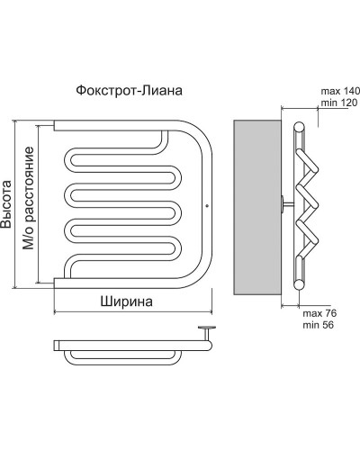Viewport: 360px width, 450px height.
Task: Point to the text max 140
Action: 337,92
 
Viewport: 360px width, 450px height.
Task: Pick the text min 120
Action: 337,104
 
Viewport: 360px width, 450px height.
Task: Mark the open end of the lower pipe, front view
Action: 57,283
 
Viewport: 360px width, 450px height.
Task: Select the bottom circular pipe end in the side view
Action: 300,283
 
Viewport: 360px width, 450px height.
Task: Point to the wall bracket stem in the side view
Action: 290,205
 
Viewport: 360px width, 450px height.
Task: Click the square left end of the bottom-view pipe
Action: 57,345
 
